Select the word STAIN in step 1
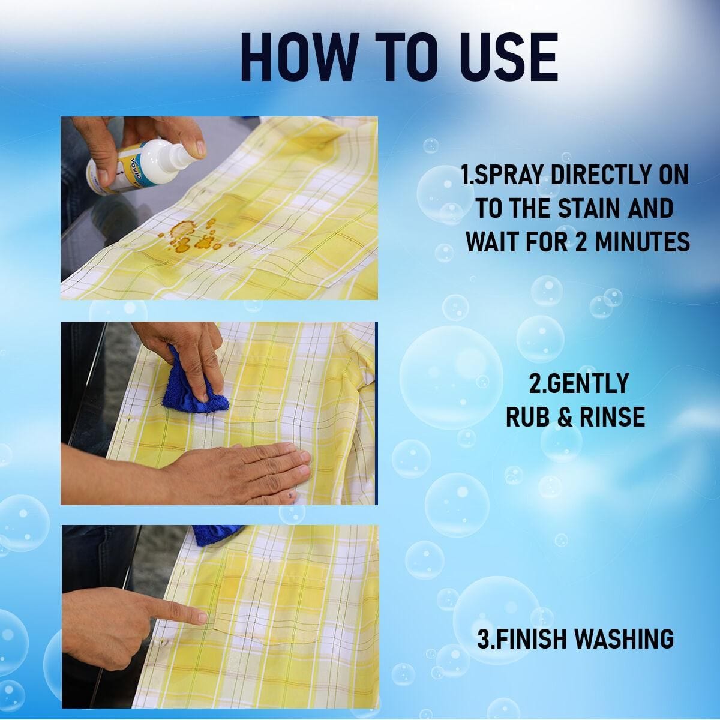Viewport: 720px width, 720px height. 580,209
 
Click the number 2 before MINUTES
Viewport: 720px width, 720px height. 574,242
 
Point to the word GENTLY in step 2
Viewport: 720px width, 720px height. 578,383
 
